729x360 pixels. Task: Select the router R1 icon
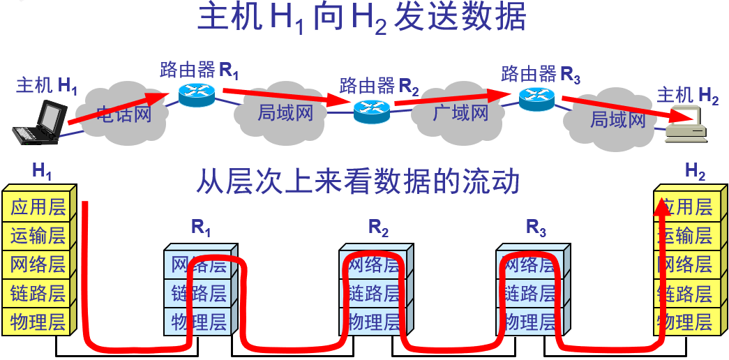pos(197,94)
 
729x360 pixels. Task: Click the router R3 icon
pos(536,97)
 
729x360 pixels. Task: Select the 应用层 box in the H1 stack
pos(38,207)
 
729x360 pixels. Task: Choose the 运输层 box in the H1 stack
pos(38,236)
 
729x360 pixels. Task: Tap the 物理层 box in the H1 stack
pos(38,322)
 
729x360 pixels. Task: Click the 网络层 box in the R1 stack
pos(200,265)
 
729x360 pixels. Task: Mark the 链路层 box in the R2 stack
pos(374,294)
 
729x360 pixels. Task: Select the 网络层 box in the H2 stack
pos(686,264)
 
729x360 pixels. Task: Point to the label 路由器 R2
pos(379,87)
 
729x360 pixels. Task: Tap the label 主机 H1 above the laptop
pos(47,86)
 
